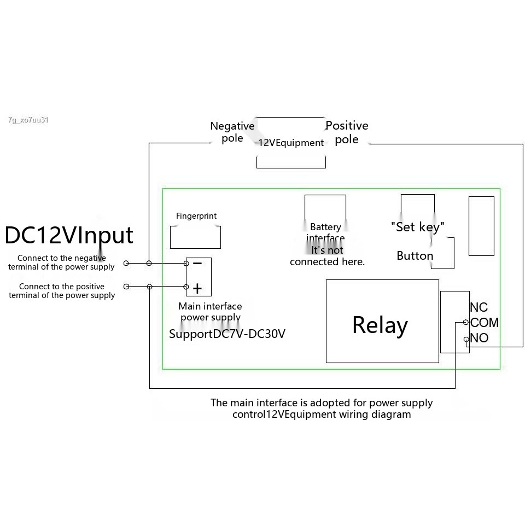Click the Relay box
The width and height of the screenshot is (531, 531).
pos(382,321)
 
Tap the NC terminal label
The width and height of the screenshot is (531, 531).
pos(479,307)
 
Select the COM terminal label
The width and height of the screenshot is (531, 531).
pos(484,323)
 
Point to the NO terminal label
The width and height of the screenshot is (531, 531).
pos(479,338)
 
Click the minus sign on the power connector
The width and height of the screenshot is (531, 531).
pos(197,264)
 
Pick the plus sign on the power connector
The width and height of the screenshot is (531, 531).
pos(197,288)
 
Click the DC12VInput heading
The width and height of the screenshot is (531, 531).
pos(69,235)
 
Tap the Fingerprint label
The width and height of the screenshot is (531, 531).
pos(196,216)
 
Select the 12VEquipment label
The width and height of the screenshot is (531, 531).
pos(291,143)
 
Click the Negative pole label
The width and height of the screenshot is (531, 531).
pos(232,132)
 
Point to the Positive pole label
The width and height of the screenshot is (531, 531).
pos(347,132)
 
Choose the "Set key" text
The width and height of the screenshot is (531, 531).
pos(417,226)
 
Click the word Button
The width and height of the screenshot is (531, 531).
pos(415,256)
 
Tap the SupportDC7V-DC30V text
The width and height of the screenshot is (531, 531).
pos(227,334)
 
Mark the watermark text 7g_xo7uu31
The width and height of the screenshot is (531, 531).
pos(28,120)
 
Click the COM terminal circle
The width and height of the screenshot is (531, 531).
pos(466,323)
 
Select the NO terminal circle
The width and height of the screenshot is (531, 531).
pos(466,340)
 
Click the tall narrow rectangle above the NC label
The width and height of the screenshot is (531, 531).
pos(481,226)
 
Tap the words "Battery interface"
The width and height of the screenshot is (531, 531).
pos(325,232)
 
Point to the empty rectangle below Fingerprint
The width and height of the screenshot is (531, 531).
pos(196,237)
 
